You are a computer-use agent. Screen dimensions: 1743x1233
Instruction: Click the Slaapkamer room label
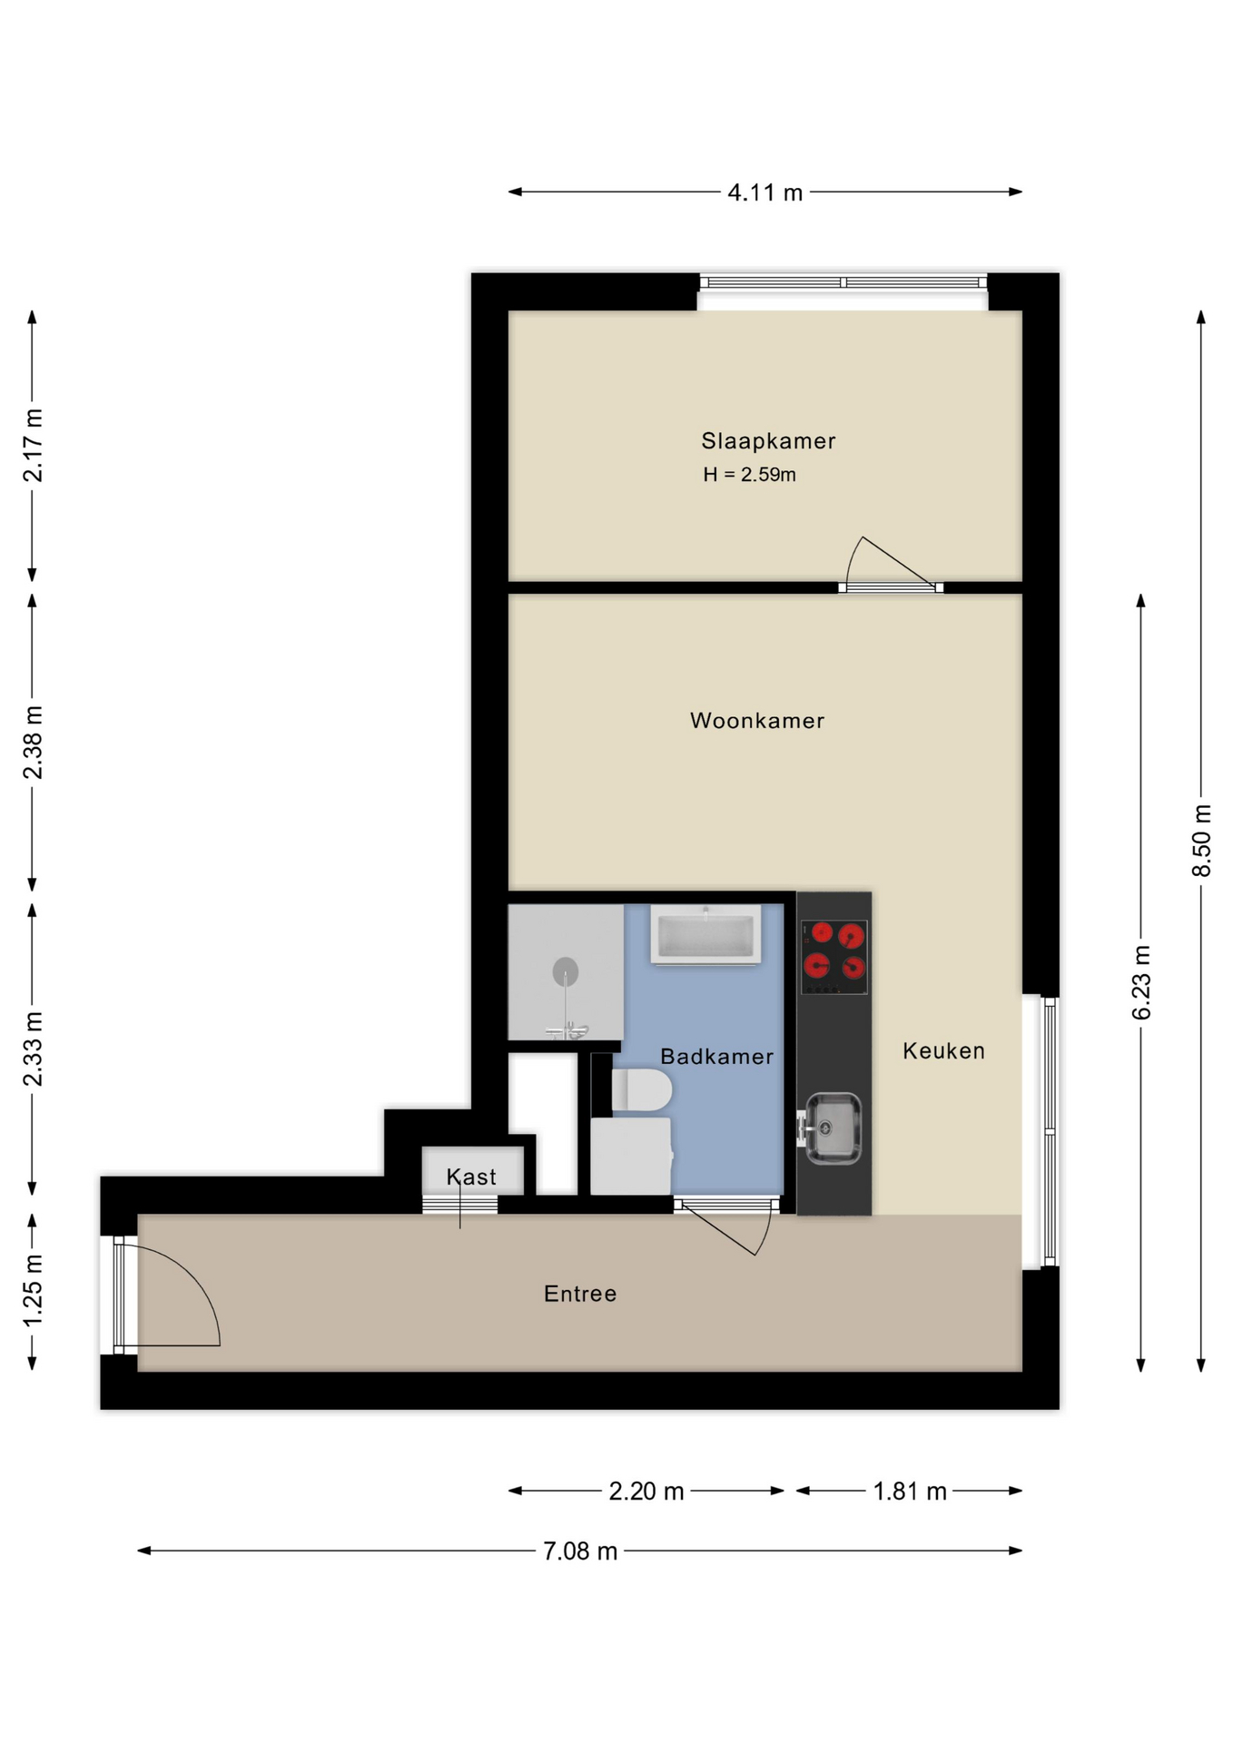(767, 441)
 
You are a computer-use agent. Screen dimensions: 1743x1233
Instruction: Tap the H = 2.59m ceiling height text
(749, 475)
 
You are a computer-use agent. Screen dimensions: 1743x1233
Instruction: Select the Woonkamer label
(757, 721)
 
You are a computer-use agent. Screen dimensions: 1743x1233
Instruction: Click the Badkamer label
(716, 1057)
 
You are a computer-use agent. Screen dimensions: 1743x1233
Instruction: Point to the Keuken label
(943, 1051)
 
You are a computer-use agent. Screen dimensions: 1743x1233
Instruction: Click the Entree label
(580, 1295)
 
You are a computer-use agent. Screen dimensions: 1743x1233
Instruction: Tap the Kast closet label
(471, 1177)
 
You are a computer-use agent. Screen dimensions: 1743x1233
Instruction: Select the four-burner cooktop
(834, 957)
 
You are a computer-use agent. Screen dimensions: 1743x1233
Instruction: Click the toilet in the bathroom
(641, 1090)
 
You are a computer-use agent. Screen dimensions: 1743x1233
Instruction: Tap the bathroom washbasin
(705, 935)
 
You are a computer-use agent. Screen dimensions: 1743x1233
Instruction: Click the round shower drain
(566, 971)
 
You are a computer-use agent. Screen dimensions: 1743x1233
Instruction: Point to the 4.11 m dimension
(764, 192)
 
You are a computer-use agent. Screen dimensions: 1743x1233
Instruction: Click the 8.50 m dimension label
(1201, 840)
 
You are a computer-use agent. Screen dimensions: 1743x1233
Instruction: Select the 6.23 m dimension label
(1141, 982)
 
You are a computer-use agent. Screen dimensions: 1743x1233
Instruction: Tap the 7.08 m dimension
(580, 1551)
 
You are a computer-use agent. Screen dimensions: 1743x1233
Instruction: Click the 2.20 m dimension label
(646, 1492)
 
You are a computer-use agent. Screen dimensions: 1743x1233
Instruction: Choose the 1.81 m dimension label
(910, 1492)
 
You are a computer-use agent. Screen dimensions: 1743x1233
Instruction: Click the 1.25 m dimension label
(33, 1290)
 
